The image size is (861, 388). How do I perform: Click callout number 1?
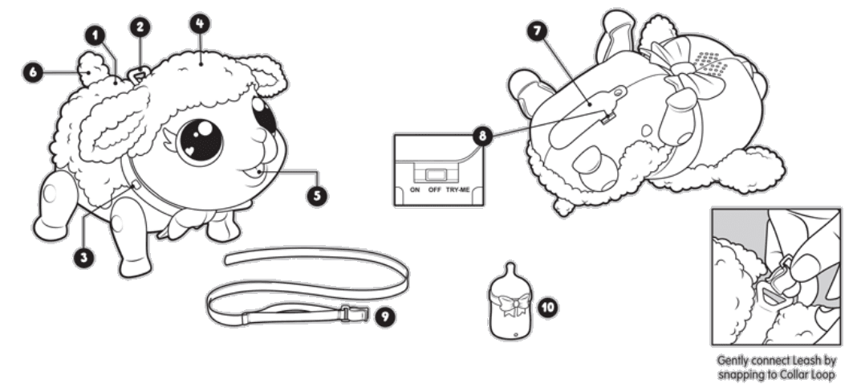(x=95, y=36)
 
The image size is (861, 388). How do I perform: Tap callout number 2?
(x=140, y=27)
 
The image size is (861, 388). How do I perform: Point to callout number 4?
(x=198, y=22)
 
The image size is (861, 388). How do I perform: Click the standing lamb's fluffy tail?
(x=91, y=68)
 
